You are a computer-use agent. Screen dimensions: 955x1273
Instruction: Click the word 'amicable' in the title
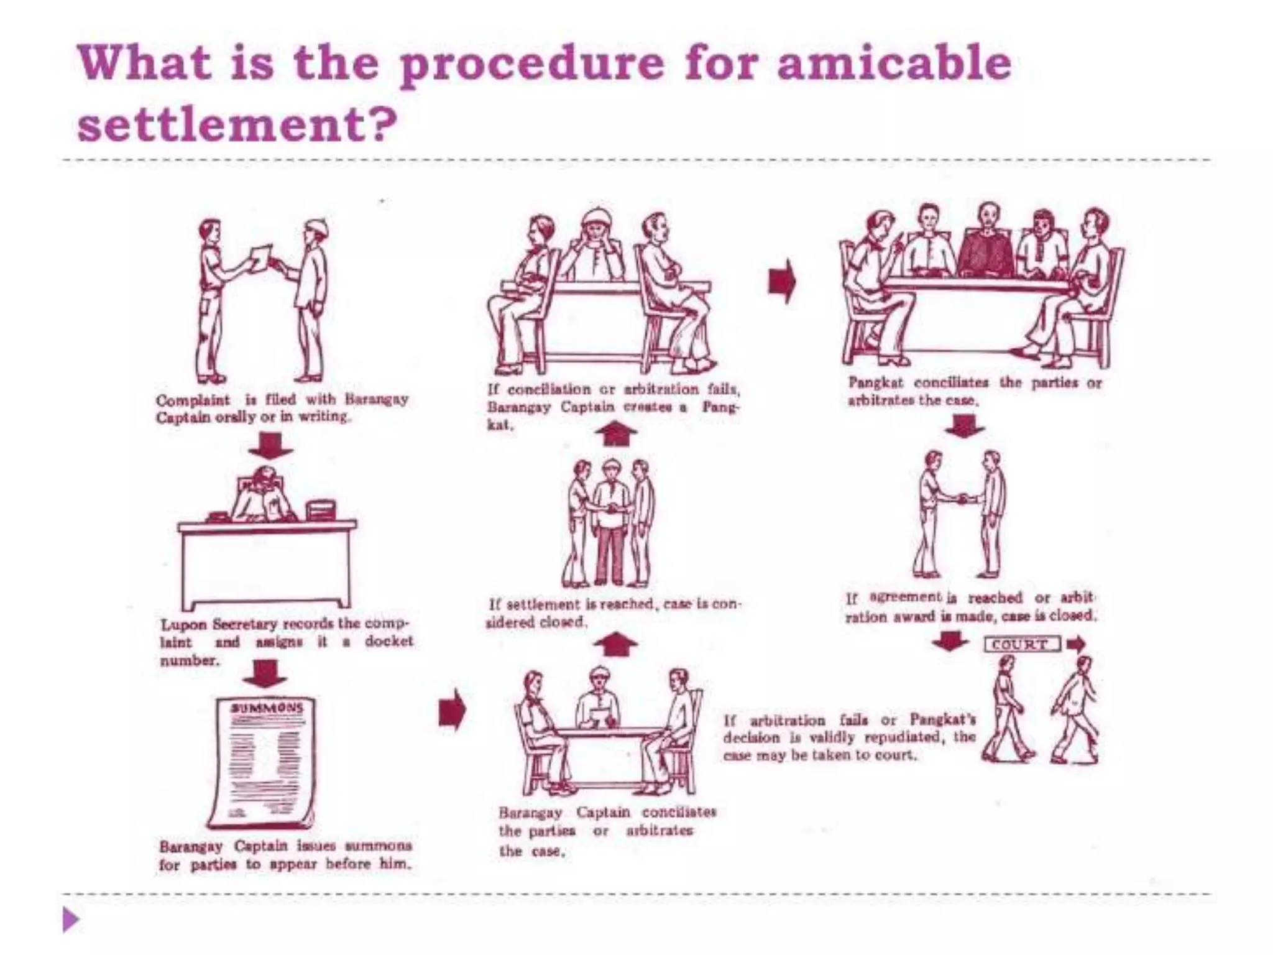[894, 64]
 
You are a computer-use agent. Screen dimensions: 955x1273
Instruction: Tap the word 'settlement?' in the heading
[237, 124]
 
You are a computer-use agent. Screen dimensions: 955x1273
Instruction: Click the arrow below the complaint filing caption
[270, 445]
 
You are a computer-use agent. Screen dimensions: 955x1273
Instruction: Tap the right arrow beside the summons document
[452, 709]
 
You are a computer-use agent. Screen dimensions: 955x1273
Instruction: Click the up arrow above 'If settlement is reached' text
[615, 644]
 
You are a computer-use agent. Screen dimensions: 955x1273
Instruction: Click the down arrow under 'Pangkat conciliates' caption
[963, 426]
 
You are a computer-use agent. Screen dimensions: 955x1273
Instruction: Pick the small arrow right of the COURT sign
[1076, 644]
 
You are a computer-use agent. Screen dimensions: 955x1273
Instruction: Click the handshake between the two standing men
[962, 498]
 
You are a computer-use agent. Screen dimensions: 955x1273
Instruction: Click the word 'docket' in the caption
[388, 641]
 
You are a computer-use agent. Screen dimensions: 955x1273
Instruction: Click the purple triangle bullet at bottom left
[71, 920]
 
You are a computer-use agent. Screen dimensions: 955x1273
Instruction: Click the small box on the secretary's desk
[321, 509]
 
